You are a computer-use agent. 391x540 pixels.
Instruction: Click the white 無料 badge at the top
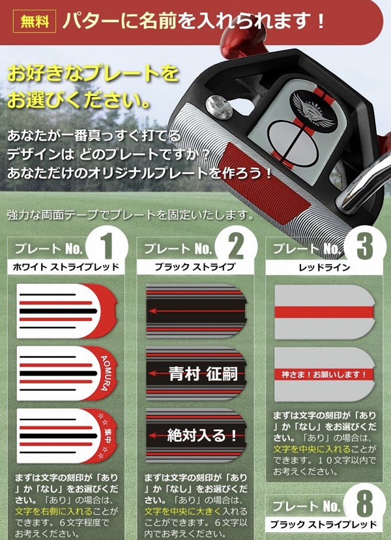(x=35, y=21)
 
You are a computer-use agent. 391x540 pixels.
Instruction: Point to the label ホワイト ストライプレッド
(x=66, y=267)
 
